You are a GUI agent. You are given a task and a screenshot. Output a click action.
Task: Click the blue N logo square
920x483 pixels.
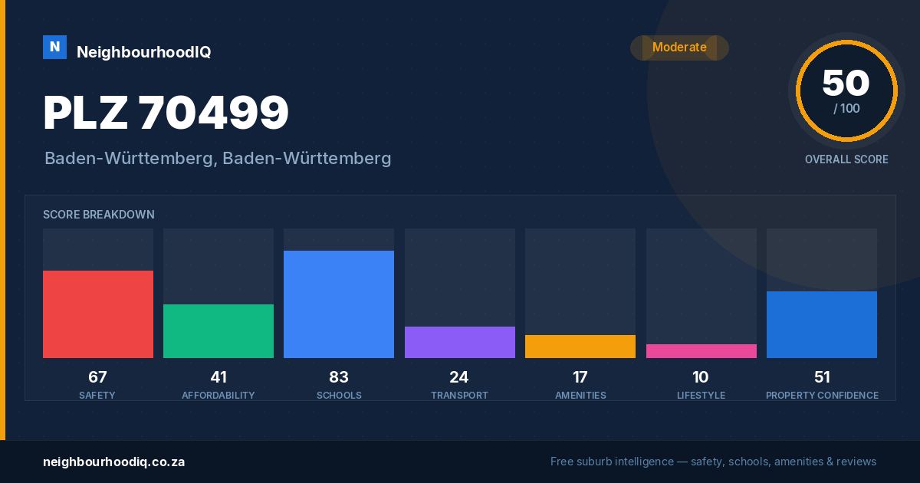click(54, 48)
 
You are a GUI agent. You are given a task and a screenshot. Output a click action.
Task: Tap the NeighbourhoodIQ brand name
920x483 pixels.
click(144, 52)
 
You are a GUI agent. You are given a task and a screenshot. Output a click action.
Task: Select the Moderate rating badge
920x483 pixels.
click(679, 48)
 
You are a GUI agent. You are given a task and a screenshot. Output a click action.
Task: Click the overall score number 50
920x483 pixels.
click(846, 83)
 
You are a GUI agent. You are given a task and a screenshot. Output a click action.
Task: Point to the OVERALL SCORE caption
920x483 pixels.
click(846, 159)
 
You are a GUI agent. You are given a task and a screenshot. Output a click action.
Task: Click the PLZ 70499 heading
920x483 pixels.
click(166, 112)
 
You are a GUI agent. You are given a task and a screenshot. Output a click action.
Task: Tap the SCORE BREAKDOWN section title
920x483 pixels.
click(99, 215)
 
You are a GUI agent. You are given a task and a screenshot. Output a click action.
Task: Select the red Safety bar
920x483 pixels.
click(98, 314)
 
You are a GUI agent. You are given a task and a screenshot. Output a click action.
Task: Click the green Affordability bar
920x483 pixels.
click(219, 331)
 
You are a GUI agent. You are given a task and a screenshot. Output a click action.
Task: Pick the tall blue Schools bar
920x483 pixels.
click(339, 304)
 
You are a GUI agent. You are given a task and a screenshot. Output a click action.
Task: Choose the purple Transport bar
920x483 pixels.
click(459, 342)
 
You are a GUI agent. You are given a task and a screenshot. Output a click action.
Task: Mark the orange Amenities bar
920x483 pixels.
click(580, 347)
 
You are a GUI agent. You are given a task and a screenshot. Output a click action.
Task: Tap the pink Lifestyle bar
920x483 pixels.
click(701, 351)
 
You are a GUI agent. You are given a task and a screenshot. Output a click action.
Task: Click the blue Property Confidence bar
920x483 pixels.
click(822, 324)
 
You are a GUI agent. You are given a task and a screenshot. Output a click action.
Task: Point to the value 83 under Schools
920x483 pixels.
click(339, 377)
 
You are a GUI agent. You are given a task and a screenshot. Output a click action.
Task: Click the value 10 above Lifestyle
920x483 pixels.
click(700, 377)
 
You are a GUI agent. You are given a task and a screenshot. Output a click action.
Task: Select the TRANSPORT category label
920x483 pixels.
click(459, 395)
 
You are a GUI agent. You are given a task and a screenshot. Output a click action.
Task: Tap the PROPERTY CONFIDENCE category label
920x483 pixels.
click(822, 395)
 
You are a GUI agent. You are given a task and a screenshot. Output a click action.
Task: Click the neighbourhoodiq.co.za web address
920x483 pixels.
click(113, 462)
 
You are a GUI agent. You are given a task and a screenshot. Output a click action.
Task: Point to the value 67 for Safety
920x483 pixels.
click(98, 377)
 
